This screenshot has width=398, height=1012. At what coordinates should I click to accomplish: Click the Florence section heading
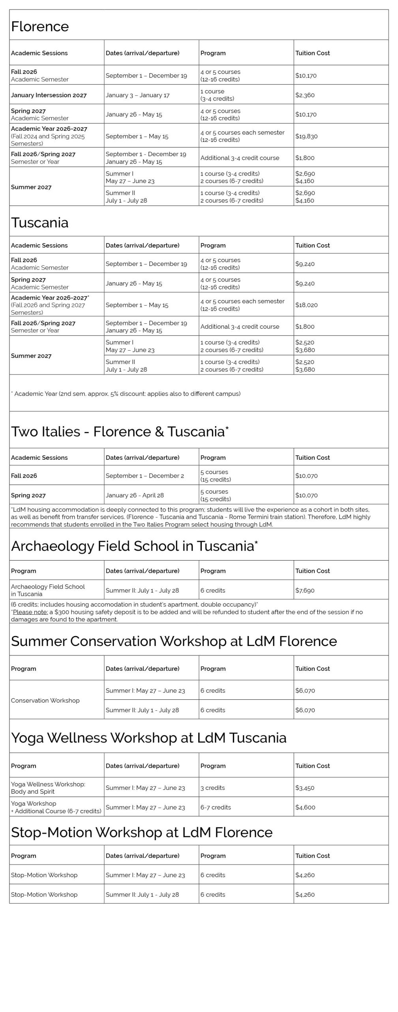[x=40, y=26]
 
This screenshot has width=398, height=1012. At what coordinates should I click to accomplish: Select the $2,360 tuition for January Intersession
[x=305, y=95]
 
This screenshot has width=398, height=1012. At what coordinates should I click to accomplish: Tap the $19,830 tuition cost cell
[x=306, y=136]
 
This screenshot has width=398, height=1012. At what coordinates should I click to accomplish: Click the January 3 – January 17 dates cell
[x=137, y=95]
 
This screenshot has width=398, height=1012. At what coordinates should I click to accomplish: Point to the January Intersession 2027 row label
[x=49, y=95]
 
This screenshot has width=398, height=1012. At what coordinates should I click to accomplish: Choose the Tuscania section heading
[x=39, y=223]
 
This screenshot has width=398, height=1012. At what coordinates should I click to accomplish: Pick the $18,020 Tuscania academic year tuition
[x=306, y=305]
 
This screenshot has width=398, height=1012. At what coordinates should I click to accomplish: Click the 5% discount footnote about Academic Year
[x=126, y=394]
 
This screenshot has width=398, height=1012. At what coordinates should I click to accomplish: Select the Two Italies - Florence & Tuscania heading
[x=120, y=431]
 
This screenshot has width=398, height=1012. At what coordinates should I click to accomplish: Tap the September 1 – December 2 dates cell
[x=145, y=476]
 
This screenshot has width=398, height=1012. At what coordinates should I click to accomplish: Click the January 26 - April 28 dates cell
[x=134, y=495]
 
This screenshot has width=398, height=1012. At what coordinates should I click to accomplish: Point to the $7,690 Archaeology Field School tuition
[x=305, y=590]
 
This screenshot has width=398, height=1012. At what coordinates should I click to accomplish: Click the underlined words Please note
[x=30, y=612]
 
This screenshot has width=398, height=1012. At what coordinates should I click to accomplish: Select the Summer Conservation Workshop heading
[x=174, y=641]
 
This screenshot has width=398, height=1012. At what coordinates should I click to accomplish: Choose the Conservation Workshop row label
[x=45, y=700]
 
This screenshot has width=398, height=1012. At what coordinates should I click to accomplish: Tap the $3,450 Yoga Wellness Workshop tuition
[x=305, y=787]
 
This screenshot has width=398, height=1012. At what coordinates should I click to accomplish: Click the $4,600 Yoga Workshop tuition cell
[x=305, y=807]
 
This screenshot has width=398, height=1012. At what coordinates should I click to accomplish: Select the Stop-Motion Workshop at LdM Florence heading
[x=142, y=832]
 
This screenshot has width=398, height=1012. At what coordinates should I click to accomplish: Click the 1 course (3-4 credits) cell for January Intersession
[x=217, y=95]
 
